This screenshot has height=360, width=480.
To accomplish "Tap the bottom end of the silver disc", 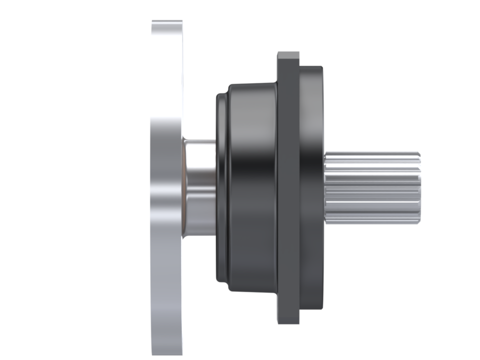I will [166, 350].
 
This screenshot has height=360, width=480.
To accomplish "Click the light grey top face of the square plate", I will [288, 55].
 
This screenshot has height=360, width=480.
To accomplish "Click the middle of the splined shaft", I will [372, 187].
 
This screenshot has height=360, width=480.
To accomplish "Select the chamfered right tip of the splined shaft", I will [417, 187].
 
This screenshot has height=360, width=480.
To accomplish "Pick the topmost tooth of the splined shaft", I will [372, 154].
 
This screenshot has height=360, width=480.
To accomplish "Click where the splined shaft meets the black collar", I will [325, 187].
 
